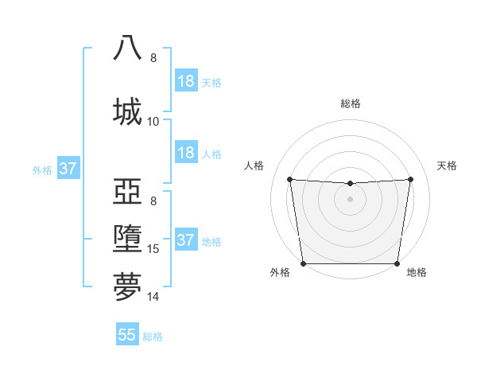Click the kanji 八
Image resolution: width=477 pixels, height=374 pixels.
point(129,49)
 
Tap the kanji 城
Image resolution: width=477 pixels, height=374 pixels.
point(129,111)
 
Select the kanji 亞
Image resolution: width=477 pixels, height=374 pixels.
point(129,191)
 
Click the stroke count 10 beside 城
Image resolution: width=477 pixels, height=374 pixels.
point(153,122)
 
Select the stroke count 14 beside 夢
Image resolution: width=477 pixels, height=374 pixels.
point(153,298)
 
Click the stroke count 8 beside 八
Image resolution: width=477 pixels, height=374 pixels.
point(153,58)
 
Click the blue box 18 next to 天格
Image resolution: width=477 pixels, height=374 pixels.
point(186,81)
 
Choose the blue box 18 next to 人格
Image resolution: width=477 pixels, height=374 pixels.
point(186,152)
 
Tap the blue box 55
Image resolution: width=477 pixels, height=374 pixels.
point(127,335)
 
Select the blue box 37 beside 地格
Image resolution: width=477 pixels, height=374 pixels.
point(186,240)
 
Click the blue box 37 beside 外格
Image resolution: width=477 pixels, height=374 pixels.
point(68,169)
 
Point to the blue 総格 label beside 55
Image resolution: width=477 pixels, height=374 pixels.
point(153,337)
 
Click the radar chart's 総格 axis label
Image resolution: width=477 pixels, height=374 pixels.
point(350,103)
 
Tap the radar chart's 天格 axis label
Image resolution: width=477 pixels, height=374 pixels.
point(447,166)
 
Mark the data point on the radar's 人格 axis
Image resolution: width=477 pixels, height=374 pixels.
point(289,179)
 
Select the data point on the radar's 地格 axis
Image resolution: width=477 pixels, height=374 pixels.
point(397,263)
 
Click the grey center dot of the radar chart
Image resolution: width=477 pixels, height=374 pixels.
point(350,198)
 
